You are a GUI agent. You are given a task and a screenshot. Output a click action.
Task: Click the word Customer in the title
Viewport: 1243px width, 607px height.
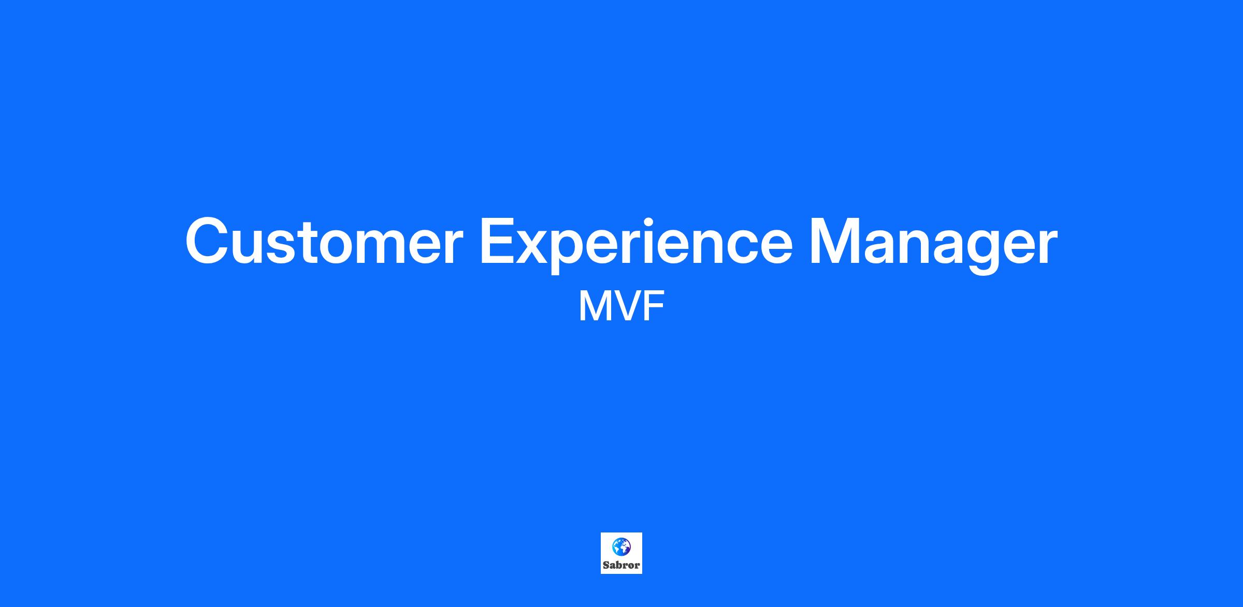[x=324, y=241]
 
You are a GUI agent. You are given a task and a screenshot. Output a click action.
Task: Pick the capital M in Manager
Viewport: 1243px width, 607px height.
[x=834, y=241]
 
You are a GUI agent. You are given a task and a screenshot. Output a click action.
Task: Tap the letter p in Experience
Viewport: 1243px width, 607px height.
[x=577, y=251]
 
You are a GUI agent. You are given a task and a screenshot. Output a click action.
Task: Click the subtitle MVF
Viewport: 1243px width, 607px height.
[x=621, y=307]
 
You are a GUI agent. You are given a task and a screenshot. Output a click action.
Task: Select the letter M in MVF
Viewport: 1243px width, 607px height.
[x=593, y=307]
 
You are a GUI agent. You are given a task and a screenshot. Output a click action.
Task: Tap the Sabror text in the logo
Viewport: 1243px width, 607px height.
[x=621, y=565]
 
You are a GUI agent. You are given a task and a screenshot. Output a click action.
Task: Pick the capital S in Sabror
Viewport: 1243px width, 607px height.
[x=606, y=565]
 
